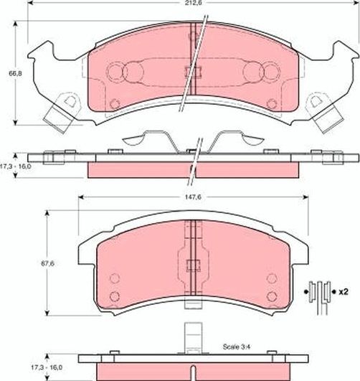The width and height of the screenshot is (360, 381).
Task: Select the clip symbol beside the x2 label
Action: (318, 291)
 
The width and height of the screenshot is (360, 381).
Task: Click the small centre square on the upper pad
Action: (190, 70)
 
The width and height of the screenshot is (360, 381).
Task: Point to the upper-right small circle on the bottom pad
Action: (270, 279)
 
